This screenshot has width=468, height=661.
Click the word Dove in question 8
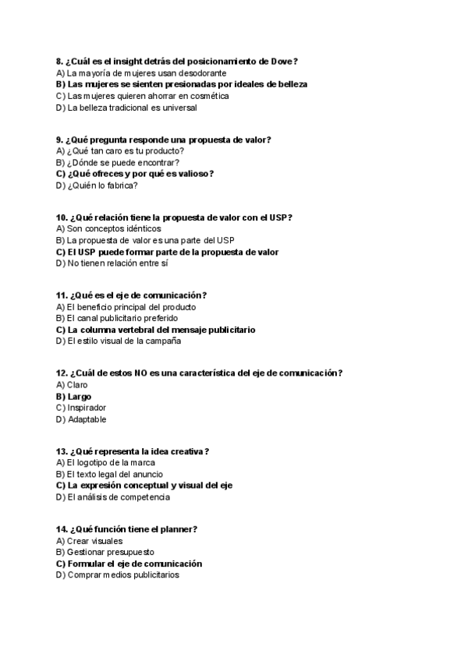pyautogui.click(x=280, y=61)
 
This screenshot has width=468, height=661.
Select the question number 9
pyautogui.click(x=60, y=140)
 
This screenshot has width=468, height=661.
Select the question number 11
pyautogui.click(x=62, y=295)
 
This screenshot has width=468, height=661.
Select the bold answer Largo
pyautogui.click(x=79, y=396)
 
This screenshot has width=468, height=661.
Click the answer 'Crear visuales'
pyautogui.click(x=94, y=540)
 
